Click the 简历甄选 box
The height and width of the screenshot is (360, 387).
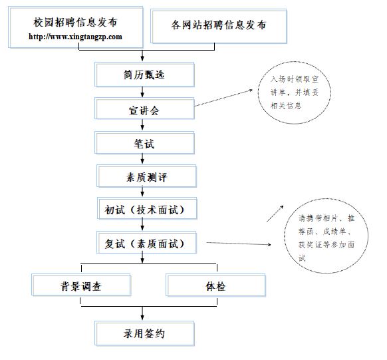(x=144, y=75)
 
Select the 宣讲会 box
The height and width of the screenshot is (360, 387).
(x=144, y=108)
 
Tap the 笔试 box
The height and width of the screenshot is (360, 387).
(x=144, y=143)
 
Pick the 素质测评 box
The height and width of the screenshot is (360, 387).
(x=146, y=176)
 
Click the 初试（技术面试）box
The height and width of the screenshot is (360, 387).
(x=147, y=208)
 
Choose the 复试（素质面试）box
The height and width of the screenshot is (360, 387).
(x=146, y=242)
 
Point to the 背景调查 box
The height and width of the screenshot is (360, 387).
(x=81, y=285)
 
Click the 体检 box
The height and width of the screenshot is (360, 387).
(x=215, y=285)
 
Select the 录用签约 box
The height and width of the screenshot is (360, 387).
(x=144, y=333)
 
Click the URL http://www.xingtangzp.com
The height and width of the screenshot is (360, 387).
(x=75, y=37)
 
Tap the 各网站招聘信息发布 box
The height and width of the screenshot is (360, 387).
(x=218, y=26)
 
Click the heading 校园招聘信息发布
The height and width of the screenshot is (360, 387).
(x=75, y=22)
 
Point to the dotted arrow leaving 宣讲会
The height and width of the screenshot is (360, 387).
(x=223, y=98)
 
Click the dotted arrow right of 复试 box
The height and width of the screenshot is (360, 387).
(x=239, y=244)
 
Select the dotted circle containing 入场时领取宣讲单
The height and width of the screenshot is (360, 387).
(x=294, y=92)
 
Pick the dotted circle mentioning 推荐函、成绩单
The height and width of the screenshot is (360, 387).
(x=326, y=236)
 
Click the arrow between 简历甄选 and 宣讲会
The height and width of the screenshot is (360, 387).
(x=142, y=92)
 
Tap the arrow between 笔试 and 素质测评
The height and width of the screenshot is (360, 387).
(x=142, y=159)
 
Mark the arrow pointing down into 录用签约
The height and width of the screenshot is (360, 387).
(x=142, y=313)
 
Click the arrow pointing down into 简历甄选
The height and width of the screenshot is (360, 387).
(x=142, y=56)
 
